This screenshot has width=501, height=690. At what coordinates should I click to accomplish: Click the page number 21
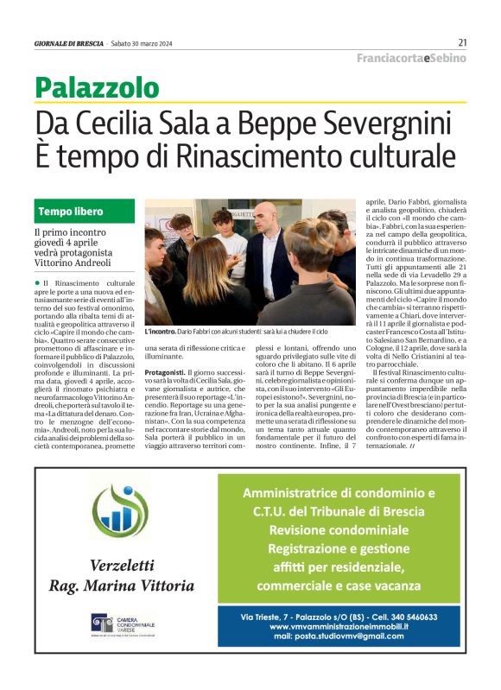462,42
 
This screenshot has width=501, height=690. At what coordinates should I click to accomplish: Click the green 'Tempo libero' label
71,212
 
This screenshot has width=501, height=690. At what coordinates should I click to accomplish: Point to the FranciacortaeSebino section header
412,58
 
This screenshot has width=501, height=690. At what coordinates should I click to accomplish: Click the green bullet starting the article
37,283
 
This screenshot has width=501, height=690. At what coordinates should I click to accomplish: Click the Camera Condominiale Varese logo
122,624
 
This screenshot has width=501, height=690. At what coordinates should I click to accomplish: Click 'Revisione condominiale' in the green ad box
338,529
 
